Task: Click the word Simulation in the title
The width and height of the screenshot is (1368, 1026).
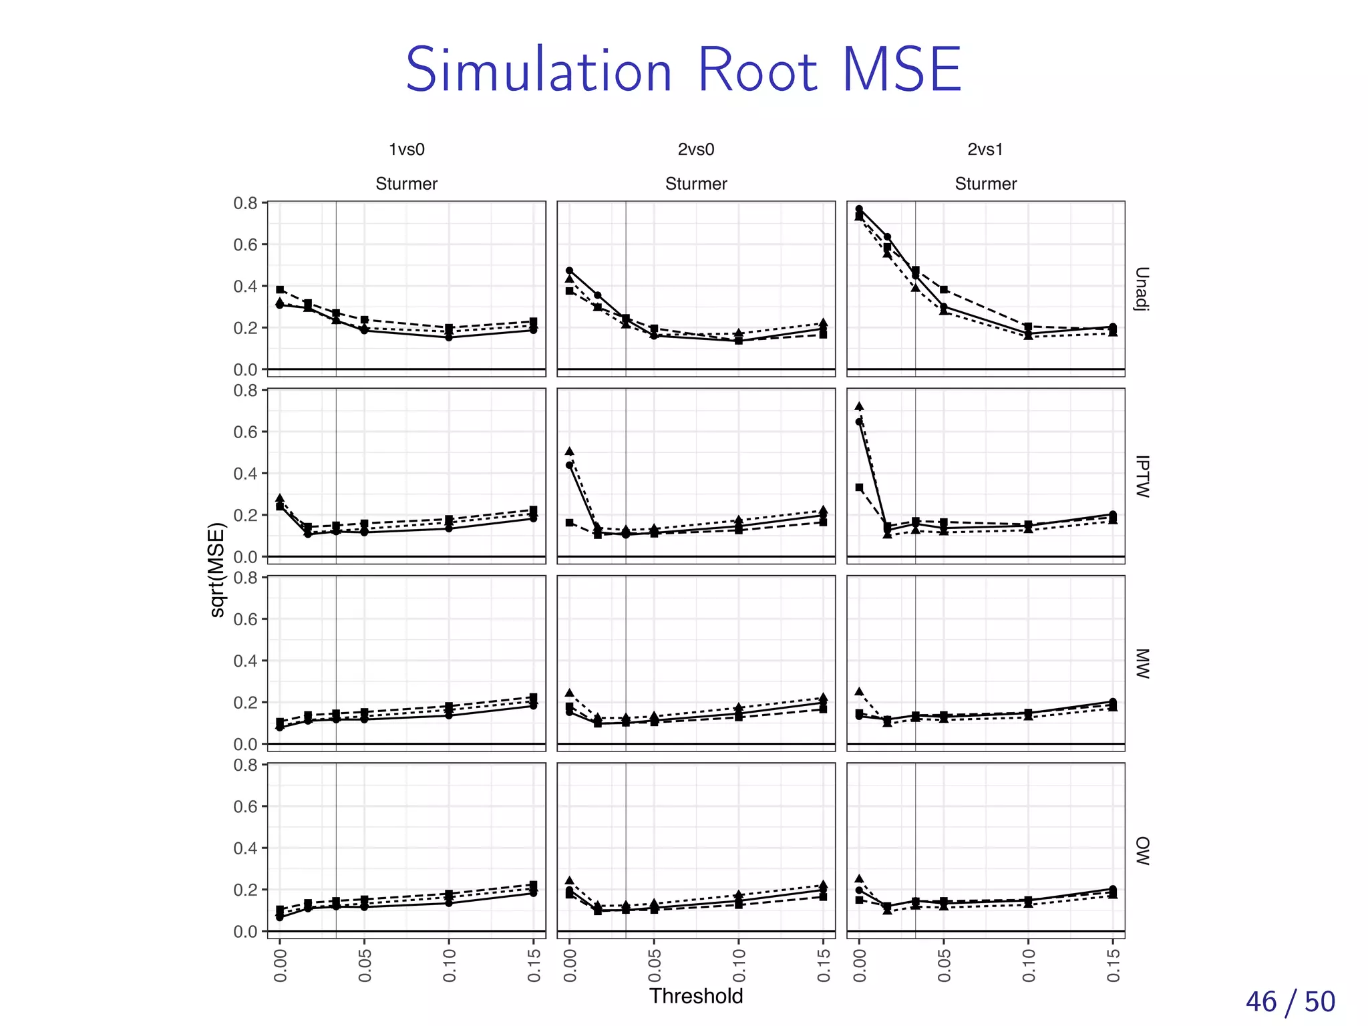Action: pos(538,71)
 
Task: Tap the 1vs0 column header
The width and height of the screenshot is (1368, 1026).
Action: pos(406,150)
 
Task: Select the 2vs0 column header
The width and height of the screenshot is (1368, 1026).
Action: pos(696,150)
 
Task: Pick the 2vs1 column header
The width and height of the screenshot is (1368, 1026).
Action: pos(985,150)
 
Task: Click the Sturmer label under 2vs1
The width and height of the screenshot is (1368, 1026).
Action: pos(985,184)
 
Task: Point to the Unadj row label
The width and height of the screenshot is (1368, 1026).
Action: pos(1142,289)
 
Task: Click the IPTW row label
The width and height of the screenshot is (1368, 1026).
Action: pos(1142,476)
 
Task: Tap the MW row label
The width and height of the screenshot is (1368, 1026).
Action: pos(1142,663)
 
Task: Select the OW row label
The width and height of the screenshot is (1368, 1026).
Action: pos(1142,850)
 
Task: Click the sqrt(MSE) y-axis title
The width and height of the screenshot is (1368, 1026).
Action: pos(218,570)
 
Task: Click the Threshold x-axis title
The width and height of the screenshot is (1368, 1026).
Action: pos(696,996)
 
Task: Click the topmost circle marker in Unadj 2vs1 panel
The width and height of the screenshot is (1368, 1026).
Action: pos(859,209)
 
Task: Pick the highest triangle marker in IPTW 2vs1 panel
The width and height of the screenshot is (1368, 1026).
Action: pos(859,406)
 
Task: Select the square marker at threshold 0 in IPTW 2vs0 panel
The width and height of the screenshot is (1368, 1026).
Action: pos(569,522)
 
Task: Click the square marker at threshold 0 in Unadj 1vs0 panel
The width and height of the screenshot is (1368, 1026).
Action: pos(280,290)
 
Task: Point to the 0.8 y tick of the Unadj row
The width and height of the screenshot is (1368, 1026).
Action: pos(245,203)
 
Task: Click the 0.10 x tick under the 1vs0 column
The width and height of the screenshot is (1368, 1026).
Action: pos(449,967)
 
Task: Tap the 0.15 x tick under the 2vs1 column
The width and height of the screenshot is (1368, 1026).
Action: pos(1113,967)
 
